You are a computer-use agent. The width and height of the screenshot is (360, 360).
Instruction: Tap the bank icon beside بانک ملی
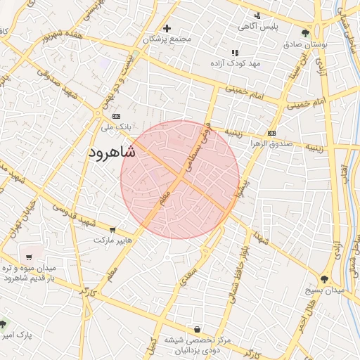pyautogui.click(x=116, y=116)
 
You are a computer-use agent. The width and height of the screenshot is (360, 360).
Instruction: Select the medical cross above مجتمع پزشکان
pyautogui.click(x=167, y=29)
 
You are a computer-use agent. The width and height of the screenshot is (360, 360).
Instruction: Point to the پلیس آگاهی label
pyautogui.click(x=258, y=26)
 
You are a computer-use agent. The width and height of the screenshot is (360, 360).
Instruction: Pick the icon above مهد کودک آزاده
pyautogui.click(x=235, y=53)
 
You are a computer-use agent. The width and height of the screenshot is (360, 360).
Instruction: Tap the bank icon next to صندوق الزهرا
pyautogui.click(x=272, y=133)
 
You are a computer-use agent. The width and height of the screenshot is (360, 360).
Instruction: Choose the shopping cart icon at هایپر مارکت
pyautogui.click(x=112, y=229)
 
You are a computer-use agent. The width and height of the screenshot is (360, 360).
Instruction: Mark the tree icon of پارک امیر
pyautogui.click(x=3, y=324)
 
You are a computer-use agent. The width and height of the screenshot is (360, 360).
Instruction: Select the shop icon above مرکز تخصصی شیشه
pyautogui.click(x=198, y=329)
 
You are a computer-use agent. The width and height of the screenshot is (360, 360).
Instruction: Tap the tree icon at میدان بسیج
pyautogui.click(x=327, y=278)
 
